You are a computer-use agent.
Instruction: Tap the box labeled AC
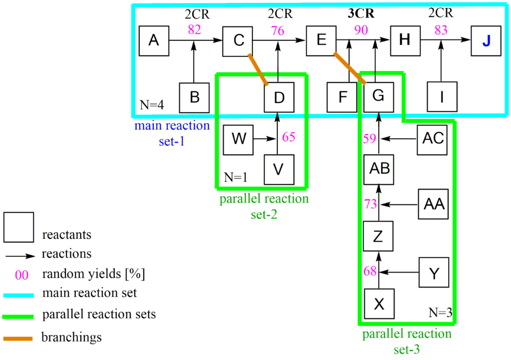pyautogui.click(x=433, y=138)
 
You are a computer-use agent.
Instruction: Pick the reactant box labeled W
pyautogui.click(x=239, y=138)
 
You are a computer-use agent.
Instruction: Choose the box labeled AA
pyautogui.click(x=434, y=204)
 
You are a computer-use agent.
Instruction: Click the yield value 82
pyautogui.click(x=194, y=29)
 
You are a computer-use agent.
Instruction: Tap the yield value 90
pyautogui.click(x=361, y=30)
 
